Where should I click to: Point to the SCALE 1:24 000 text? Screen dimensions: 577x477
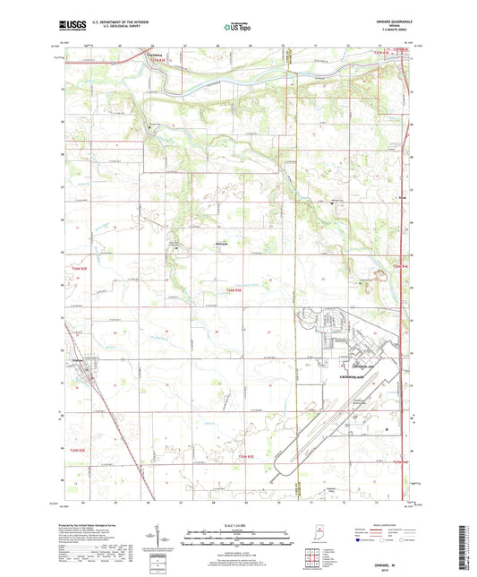pyautogui.click(x=238, y=523)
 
